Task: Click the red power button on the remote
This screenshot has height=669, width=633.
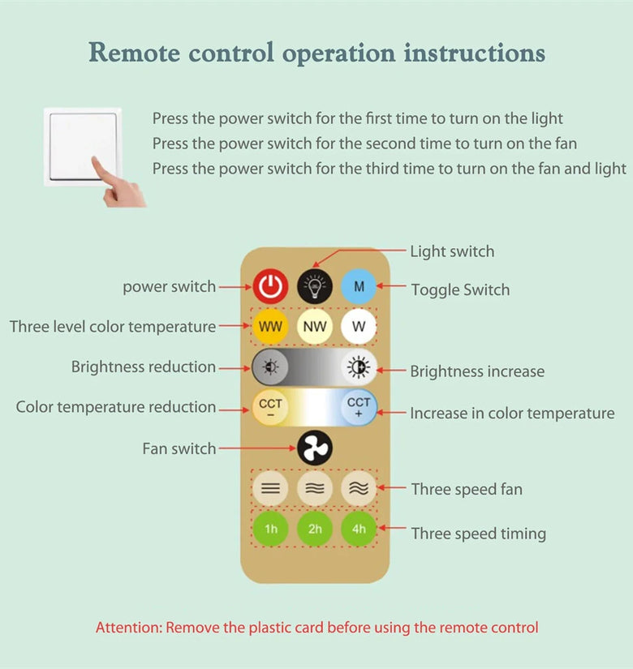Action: [x=270, y=286]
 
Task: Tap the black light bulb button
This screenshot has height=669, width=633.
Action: [x=315, y=286]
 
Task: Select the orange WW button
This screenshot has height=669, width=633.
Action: [x=270, y=328]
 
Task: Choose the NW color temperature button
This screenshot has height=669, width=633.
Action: [x=315, y=328]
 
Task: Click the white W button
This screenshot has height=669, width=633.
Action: [x=359, y=328]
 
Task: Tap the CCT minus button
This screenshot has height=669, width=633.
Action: [x=270, y=406]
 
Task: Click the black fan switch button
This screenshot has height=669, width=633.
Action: [x=314, y=448]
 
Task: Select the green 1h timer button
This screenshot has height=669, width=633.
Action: [x=270, y=530]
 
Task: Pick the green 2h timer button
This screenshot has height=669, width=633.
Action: [x=315, y=530]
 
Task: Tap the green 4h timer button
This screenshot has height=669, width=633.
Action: [x=359, y=530]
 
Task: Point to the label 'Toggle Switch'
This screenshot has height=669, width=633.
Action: [x=460, y=289]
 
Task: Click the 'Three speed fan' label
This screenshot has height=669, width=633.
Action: [x=467, y=489]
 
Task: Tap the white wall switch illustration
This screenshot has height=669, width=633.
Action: [x=83, y=146]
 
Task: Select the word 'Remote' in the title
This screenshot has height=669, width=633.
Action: [x=134, y=54]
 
